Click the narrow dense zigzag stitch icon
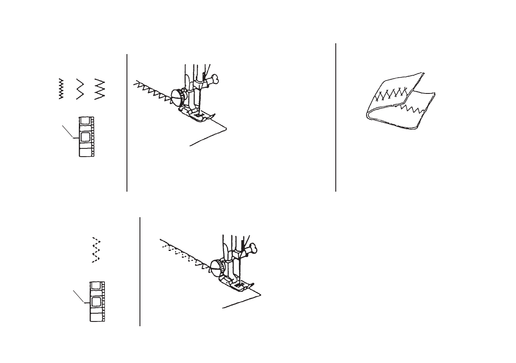tap(61, 89)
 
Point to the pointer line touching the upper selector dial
tap(70, 132)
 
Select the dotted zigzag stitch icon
tap(97, 251)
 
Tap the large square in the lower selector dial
tap(96, 302)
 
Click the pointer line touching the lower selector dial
tap(81, 296)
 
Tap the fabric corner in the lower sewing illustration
tap(260, 293)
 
